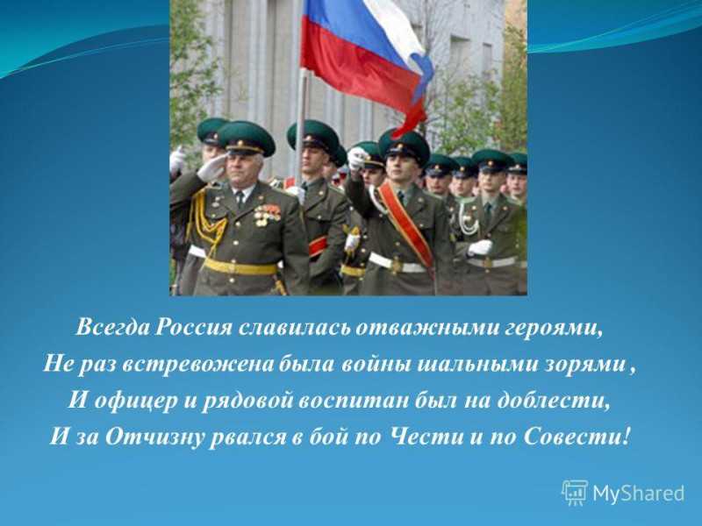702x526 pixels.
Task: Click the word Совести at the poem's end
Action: pos(578,436)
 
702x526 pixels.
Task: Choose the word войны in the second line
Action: pos(376,365)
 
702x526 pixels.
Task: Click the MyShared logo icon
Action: pos(575,493)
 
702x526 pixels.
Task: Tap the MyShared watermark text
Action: pos(639,494)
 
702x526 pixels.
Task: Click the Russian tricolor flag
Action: pos(365,62)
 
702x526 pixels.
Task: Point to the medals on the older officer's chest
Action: pos(267,215)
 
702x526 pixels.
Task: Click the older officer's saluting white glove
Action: pos(211,168)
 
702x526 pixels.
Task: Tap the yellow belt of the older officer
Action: pos(240,267)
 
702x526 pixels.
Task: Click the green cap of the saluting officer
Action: pos(246,138)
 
